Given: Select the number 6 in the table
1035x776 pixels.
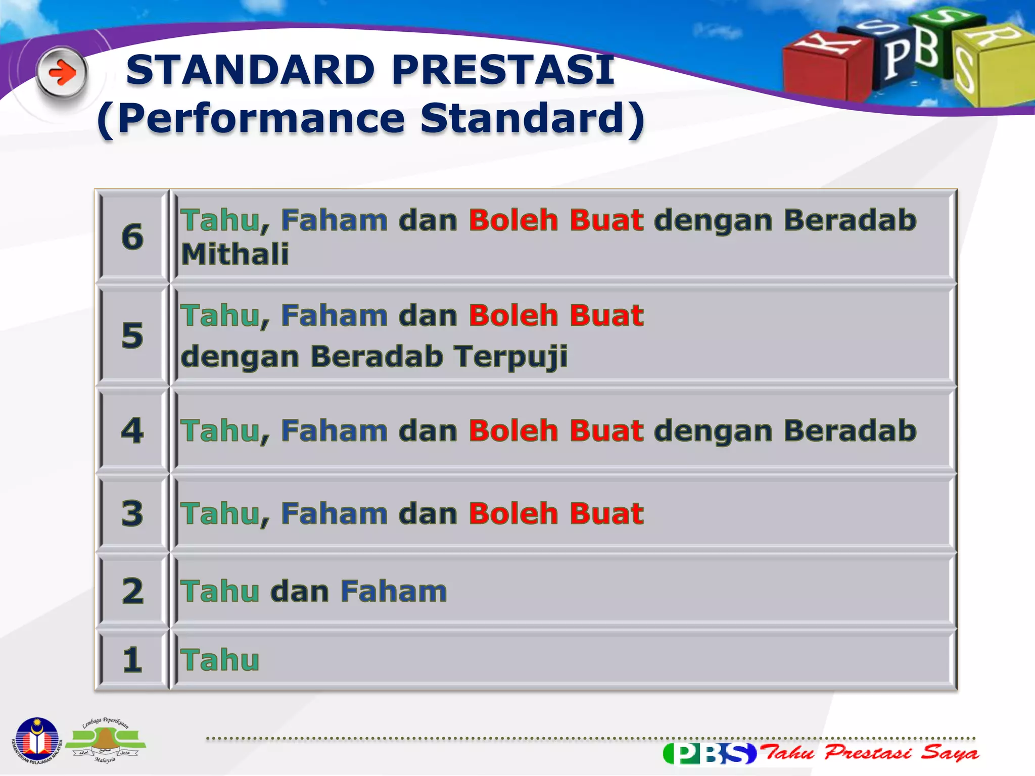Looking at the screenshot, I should click(132, 236).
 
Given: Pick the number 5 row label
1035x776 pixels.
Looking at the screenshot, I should click(132, 335).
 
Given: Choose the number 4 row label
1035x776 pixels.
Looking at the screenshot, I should click(132, 430).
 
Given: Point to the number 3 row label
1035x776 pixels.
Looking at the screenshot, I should click(132, 513).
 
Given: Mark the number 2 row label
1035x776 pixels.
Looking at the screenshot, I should click(132, 591).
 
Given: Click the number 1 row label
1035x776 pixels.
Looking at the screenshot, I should click(132, 660).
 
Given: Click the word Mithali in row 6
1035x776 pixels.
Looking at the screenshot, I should click(235, 254).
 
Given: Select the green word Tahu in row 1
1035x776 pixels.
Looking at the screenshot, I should click(220, 660).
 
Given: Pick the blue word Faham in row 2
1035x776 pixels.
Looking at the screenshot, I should click(394, 591).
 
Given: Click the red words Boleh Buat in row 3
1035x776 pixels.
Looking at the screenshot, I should click(556, 513).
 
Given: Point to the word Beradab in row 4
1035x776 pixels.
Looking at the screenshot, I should click(850, 430).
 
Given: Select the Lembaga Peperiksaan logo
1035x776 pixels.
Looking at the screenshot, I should click(106, 741).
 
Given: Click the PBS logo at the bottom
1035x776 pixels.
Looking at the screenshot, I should click(710, 753).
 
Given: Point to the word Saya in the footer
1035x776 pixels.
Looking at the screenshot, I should click(949, 753).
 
